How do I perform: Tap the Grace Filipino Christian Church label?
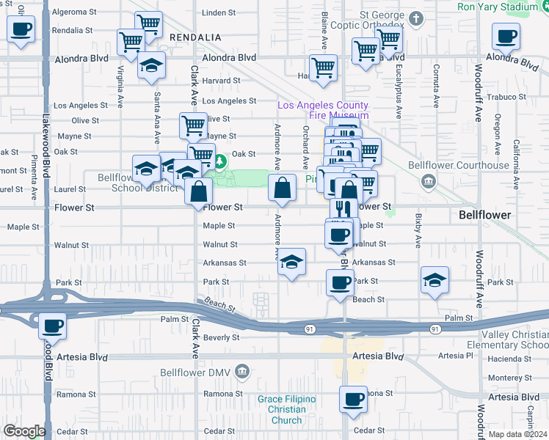tap(286, 409)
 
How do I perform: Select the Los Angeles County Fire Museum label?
tap(322, 110)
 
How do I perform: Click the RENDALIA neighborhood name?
tap(194, 37)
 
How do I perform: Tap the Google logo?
tap(24, 431)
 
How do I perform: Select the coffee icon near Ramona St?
tap(353, 400)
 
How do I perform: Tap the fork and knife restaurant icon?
tap(343, 210)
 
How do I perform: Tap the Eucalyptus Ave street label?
tap(399, 92)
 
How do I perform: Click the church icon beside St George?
tap(416, 19)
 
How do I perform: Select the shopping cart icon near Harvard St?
tap(323, 69)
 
